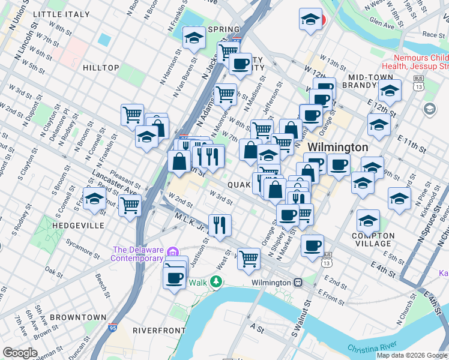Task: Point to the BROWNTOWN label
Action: point(78,317)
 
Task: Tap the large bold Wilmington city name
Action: point(338,147)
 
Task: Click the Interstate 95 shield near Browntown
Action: point(113,328)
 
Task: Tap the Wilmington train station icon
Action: point(298,283)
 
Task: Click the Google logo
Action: point(20,353)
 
